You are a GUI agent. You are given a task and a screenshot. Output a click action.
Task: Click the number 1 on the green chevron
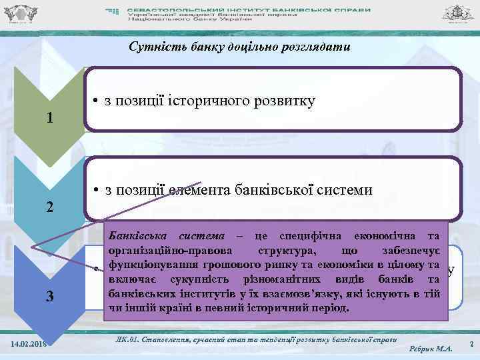pos(50,118)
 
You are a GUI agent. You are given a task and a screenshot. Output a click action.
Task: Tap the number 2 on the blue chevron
pos(50,207)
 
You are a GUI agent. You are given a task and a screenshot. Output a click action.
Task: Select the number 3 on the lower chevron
pos(50,295)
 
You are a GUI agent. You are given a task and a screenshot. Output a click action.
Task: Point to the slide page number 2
pos(471,343)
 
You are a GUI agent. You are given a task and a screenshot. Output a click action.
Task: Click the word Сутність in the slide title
pos(150,47)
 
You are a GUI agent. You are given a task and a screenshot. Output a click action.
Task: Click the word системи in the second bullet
pos(339,190)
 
